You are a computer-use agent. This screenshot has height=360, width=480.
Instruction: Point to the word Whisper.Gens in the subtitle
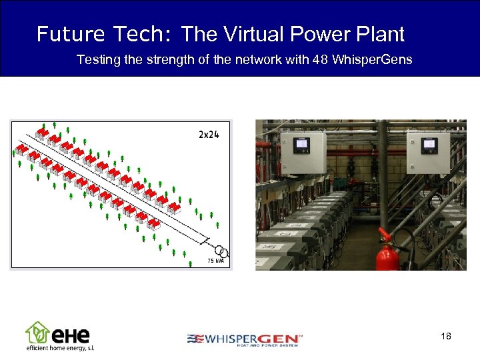tap(372, 60)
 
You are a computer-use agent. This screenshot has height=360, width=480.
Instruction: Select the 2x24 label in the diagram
tap(209, 134)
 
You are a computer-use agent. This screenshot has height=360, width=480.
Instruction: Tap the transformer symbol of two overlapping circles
tap(223, 252)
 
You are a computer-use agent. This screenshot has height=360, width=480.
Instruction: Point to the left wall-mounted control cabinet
tap(302, 153)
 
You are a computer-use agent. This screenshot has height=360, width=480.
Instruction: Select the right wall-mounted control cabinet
tap(428, 153)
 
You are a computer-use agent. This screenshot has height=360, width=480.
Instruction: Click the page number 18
tap(446, 336)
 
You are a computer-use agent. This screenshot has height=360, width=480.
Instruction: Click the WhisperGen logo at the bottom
tap(244, 339)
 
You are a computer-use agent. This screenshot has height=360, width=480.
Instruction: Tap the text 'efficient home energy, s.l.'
tap(60, 349)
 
